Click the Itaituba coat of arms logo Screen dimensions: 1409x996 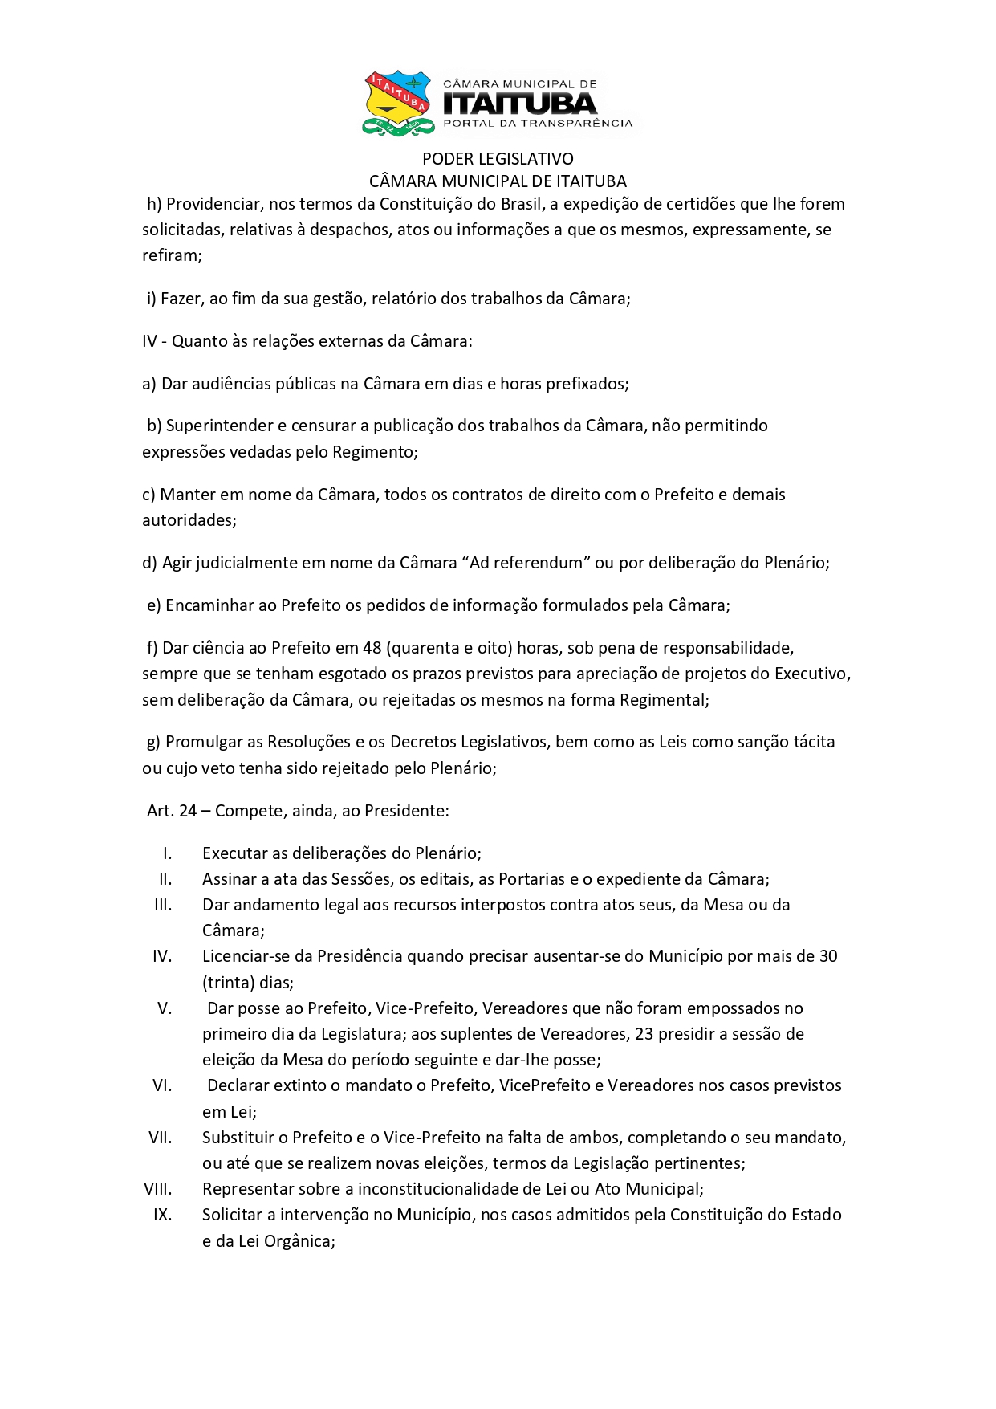tap(397, 103)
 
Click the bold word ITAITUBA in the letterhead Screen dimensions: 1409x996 tap(520, 104)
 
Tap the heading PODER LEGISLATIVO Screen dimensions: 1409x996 tap(498, 159)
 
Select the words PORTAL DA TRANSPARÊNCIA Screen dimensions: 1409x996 tap(538, 124)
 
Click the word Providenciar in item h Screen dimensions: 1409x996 tap(213, 204)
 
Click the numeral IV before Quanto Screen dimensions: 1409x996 tap(150, 341)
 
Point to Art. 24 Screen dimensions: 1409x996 tap(172, 811)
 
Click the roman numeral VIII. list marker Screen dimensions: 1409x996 tap(158, 1189)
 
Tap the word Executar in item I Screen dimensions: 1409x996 tap(234, 853)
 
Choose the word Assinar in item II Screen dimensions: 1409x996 tap(230, 879)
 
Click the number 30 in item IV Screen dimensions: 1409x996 tap(827, 956)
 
